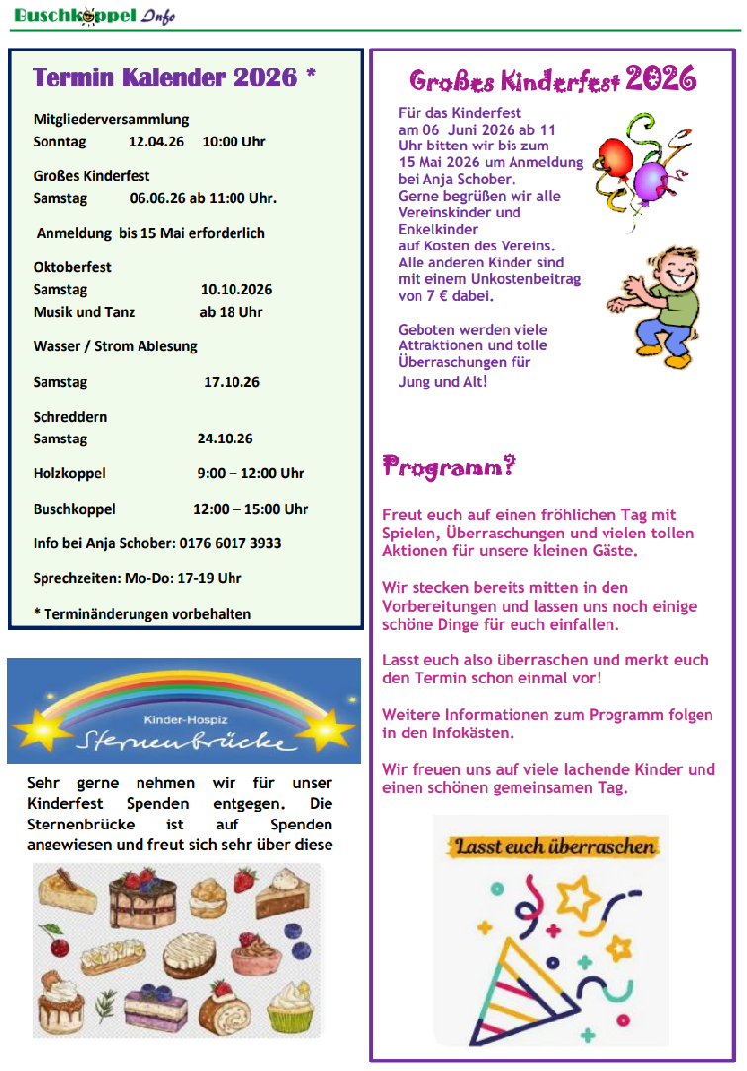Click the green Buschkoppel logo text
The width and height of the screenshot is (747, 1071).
74,14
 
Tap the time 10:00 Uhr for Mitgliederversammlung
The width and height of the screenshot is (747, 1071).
233,142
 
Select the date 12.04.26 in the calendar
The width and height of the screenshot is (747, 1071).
156,142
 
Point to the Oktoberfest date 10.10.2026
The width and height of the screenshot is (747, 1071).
236,290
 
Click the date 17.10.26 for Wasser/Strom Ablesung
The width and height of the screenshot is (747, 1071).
232,382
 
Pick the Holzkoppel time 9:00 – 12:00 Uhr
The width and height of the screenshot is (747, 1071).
250,474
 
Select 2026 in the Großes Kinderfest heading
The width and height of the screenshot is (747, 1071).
660,79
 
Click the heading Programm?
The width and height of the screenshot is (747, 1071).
449,466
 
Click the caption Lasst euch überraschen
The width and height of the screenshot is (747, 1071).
554,847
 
